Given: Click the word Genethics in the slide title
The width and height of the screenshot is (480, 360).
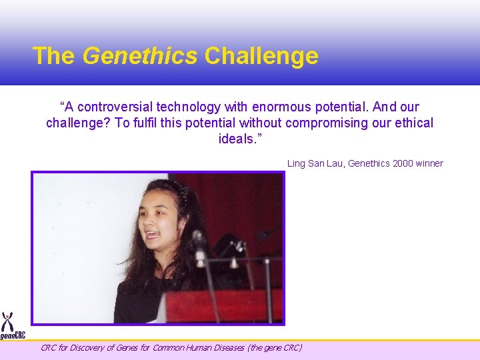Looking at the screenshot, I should (x=139, y=56).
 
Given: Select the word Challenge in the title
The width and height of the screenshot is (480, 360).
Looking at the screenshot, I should (x=261, y=56).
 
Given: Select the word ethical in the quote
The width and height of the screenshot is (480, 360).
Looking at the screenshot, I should (x=413, y=123).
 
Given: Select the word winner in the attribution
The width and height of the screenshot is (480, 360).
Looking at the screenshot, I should (x=429, y=163).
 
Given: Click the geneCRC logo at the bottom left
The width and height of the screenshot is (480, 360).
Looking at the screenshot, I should (x=12, y=327).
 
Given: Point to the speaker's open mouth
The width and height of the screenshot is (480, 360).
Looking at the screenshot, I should (x=152, y=235).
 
